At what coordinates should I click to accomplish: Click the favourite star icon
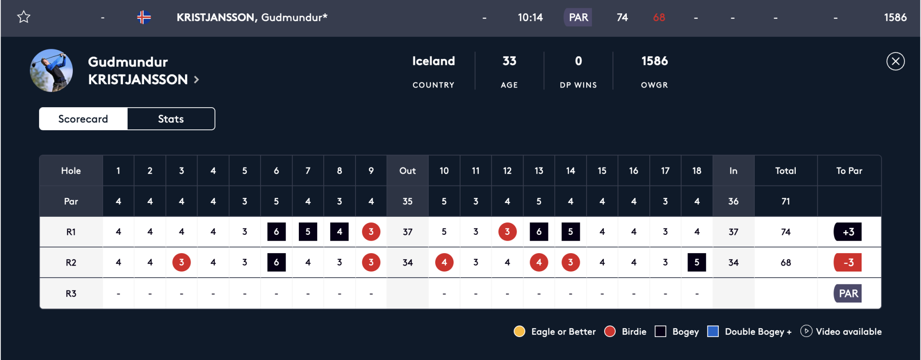point(23,17)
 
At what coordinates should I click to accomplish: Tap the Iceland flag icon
point(144,17)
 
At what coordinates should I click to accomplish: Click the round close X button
point(895,61)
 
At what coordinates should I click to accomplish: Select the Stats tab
point(171,119)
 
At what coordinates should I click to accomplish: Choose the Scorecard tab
point(83,119)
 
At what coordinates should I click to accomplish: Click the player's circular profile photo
point(51,70)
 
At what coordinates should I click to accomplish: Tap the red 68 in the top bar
point(659,17)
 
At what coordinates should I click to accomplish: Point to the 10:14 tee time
point(530,17)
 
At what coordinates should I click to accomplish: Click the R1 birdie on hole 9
point(371,232)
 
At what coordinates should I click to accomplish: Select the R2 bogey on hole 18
point(696,262)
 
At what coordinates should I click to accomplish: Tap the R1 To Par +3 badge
point(848,232)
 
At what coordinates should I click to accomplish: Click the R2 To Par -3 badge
point(848,262)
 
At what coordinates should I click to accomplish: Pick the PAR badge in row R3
point(848,293)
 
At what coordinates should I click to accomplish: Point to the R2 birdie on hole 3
point(181,262)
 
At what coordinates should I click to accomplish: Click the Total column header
point(785,171)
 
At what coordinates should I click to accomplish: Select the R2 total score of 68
point(785,262)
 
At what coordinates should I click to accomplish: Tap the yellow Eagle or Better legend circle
point(519,331)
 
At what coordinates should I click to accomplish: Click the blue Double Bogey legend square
point(713,331)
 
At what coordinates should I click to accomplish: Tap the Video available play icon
point(806,331)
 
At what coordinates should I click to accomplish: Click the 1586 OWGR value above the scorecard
point(654,61)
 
